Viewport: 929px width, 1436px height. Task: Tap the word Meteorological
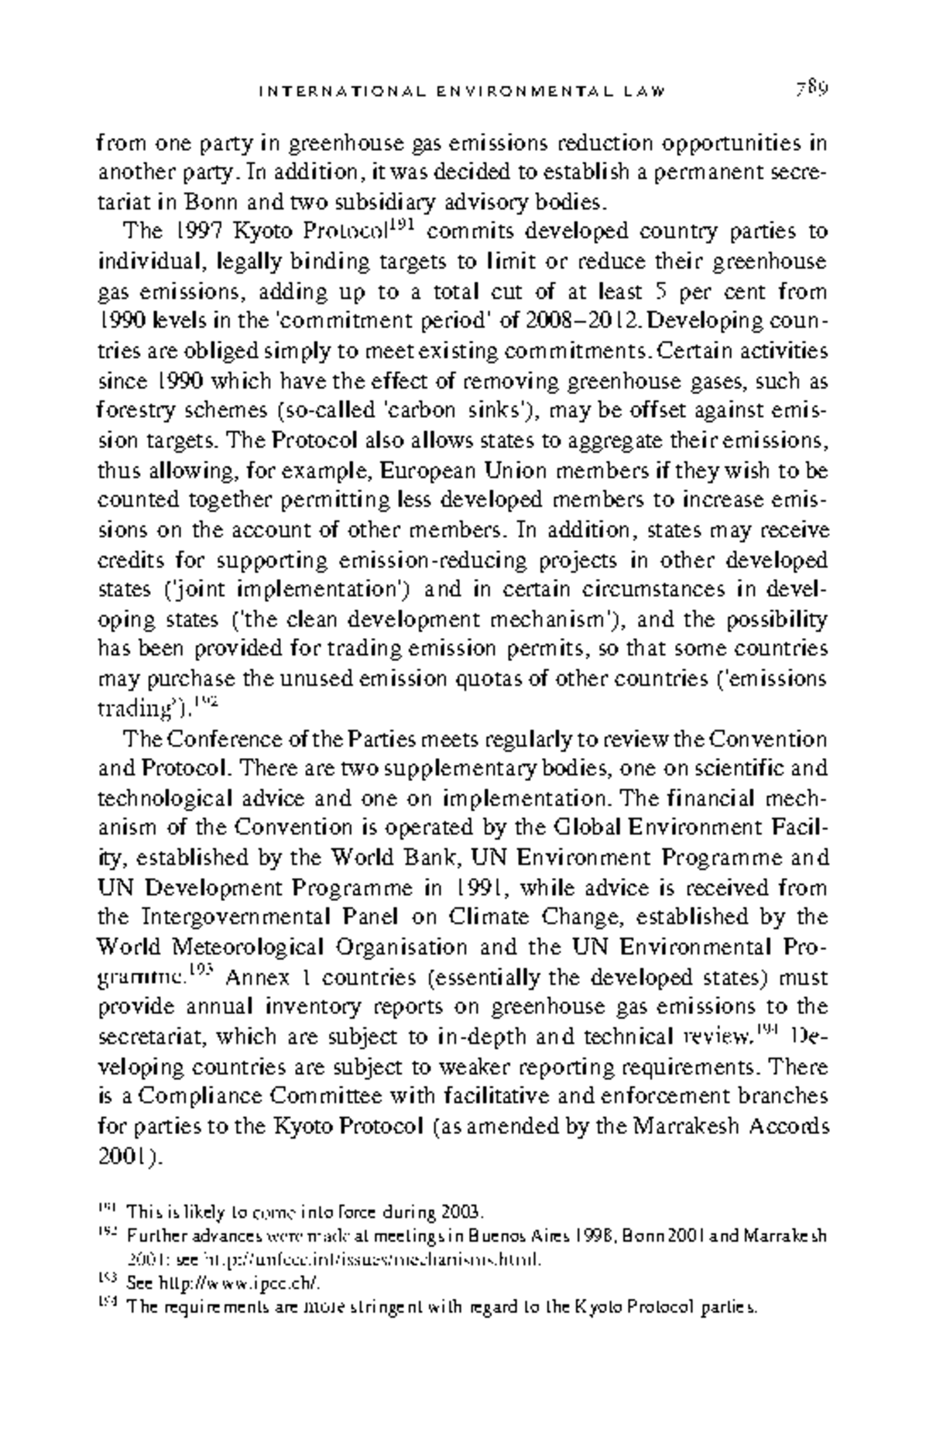coord(236,948)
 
